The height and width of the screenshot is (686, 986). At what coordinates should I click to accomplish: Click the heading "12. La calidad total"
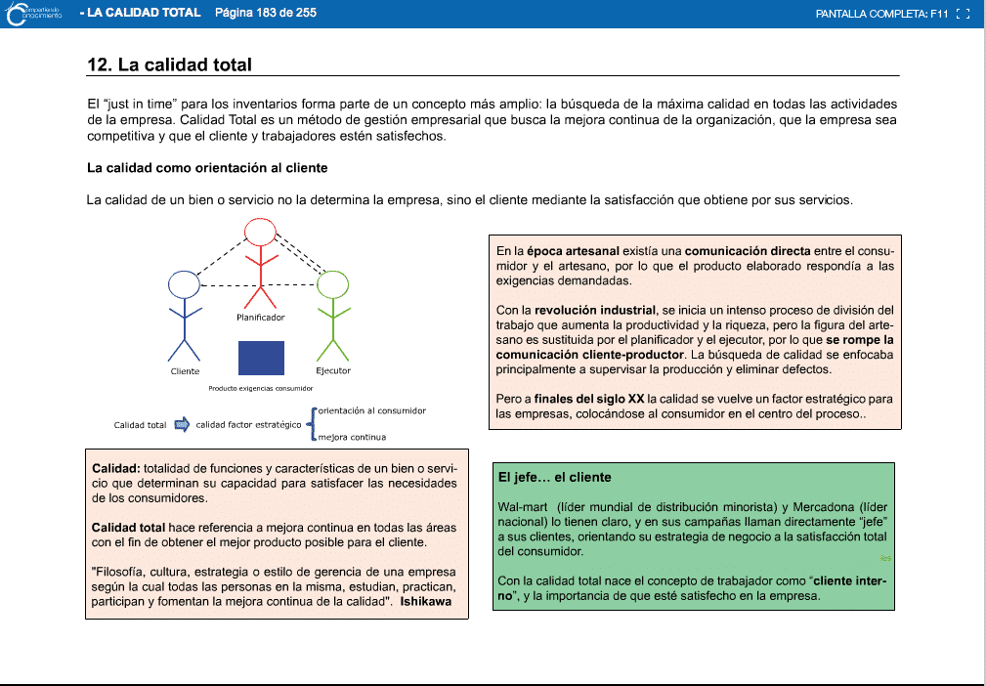(169, 65)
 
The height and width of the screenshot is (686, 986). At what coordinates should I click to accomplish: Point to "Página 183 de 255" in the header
(265, 13)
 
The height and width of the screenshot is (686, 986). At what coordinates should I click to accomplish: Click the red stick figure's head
(260, 232)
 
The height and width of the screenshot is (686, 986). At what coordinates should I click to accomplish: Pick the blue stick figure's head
(184, 284)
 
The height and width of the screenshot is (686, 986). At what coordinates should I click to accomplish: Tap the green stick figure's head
(333, 284)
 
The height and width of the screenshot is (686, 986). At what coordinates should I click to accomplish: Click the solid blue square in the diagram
(261, 358)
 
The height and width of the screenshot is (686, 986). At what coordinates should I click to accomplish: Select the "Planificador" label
(261, 318)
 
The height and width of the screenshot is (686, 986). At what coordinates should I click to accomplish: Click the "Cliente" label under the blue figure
(185, 371)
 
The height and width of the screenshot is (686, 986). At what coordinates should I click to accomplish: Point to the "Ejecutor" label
(333, 371)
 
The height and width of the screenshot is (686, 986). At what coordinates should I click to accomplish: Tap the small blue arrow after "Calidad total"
(182, 424)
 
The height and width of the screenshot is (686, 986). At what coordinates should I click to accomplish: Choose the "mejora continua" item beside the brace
(352, 437)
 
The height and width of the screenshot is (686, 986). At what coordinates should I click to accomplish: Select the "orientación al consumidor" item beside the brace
(371, 410)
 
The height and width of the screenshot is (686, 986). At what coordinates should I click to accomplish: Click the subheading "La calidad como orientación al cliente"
(207, 168)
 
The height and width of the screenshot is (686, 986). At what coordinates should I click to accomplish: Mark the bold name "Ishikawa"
(426, 601)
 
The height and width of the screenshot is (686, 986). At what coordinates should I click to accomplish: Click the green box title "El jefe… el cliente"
(554, 478)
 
